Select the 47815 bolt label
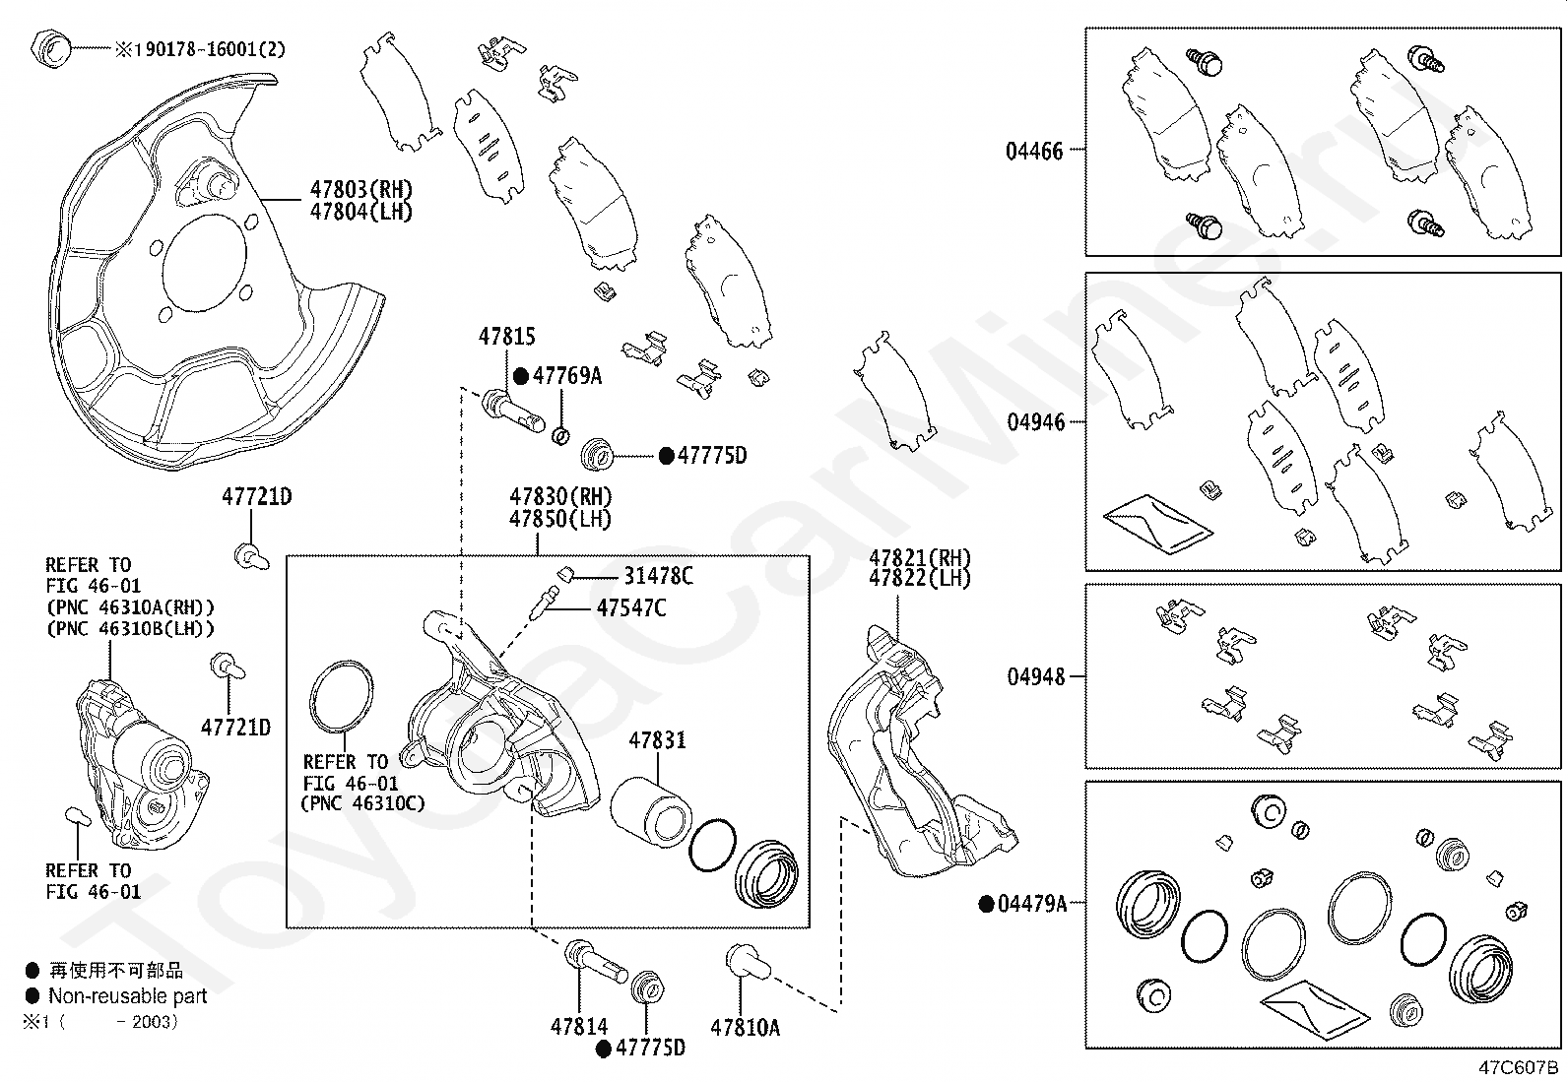pos(507,337)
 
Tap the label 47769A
pos(566,375)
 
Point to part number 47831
pos(658,740)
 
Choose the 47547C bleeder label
pos(630,608)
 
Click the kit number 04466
pos(1034,152)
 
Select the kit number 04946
pos(1035,422)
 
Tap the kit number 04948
pos(1035,677)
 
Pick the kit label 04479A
pos(1032,904)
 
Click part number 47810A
pos(745,1028)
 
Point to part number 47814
pos(579,1027)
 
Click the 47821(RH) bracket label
pos(919,557)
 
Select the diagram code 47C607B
pos(1518,1066)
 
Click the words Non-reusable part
pos(128,996)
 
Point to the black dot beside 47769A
pos(521,376)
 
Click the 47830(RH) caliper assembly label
pos(560,496)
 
